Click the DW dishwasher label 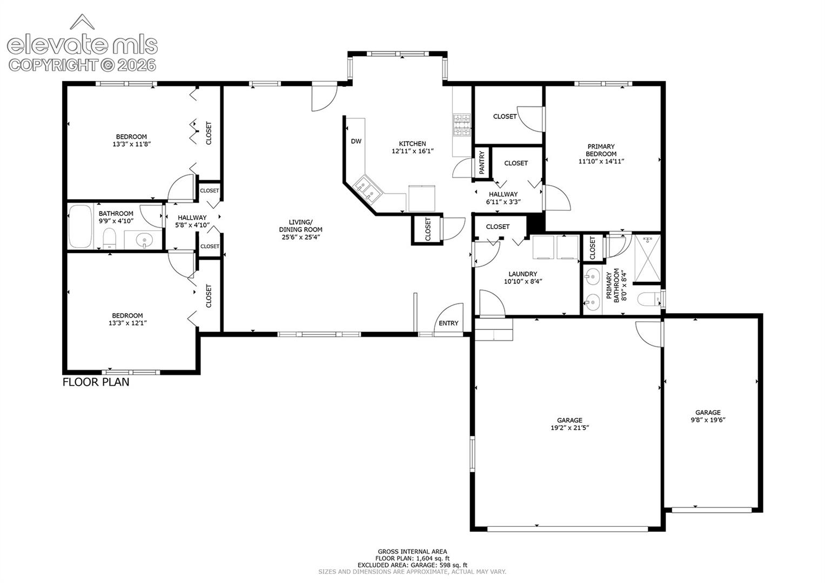click(x=356, y=141)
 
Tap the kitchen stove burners click(x=462, y=125)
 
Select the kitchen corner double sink click(x=368, y=189)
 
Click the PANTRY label click(x=481, y=163)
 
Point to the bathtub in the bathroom click(x=81, y=226)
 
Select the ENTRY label click(x=448, y=323)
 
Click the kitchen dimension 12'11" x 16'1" click(x=413, y=151)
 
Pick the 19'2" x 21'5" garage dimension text click(x=569, y=428)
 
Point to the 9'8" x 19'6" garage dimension click(x=708, y=420)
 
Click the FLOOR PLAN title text click(x=96, y=382)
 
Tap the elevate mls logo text click(x=83, y=45)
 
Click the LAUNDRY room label click(x=522, y=274)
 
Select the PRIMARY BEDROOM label click(x=601, y=150)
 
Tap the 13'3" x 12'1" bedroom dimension click(x=128, y=323)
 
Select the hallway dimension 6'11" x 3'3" click(x=503, y=202)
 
